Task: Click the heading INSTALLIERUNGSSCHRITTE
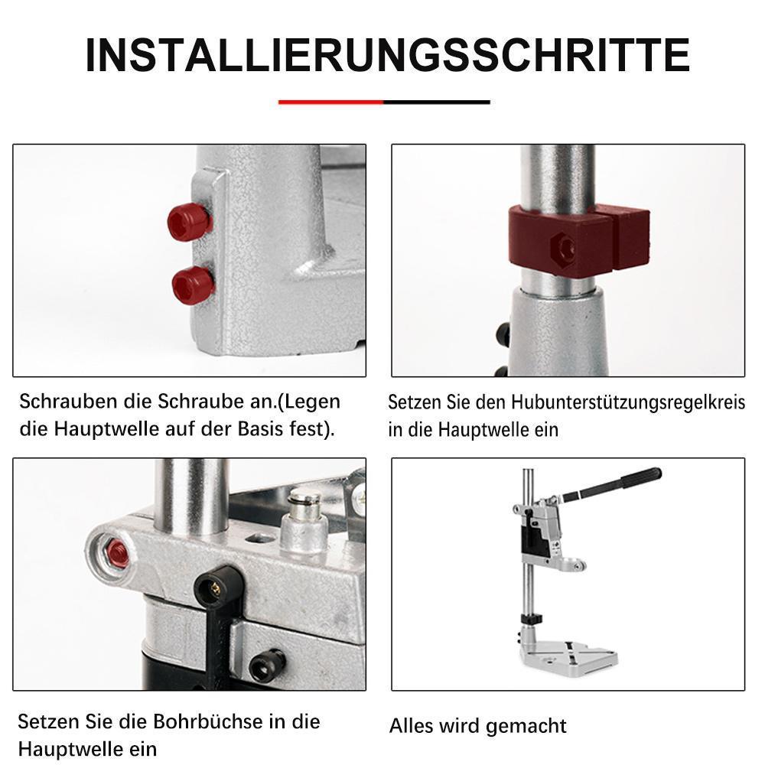click(387, 55)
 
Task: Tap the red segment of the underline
click(330, 102)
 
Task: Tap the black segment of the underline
click(437, 102)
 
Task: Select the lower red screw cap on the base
click(194, 285)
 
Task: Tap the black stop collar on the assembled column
click(532, 619)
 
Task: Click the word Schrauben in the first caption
click(68, 402)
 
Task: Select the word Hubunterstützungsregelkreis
click(628, 403)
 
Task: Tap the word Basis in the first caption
click(261, 429)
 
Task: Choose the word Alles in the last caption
click(412, 725)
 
